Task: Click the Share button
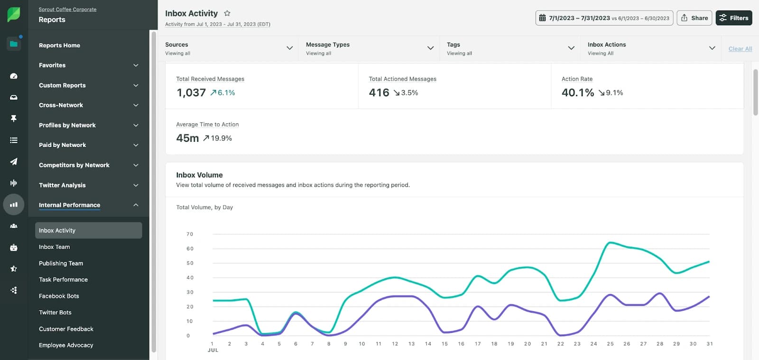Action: (x=694, y=18)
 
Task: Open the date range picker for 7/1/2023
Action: (x=604, y=18)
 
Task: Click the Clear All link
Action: (x=740, y=49)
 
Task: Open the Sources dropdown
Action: (x=229, y=48)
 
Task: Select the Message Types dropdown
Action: (x=370, y=48)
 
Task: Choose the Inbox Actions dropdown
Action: (x=651, y=48)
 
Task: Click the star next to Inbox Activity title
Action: (x=227, y=13)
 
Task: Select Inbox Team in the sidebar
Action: (x=55, y=247)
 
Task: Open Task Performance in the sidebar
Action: (x=63, y=280)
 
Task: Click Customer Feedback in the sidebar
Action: (x=66, y=329)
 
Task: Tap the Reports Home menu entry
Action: (x=59, y=46)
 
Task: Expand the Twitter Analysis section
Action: (x=88, y=185)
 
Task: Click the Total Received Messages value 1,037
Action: (x=191, y=93)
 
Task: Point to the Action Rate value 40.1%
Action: (x=578, y=93)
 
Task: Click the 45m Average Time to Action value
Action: (x=187, y=138)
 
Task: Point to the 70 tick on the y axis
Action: (x=190, y=234)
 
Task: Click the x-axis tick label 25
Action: (x=610, y=344)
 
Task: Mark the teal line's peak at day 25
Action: (x=610, y=243)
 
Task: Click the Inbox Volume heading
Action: (x=199, y=175)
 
